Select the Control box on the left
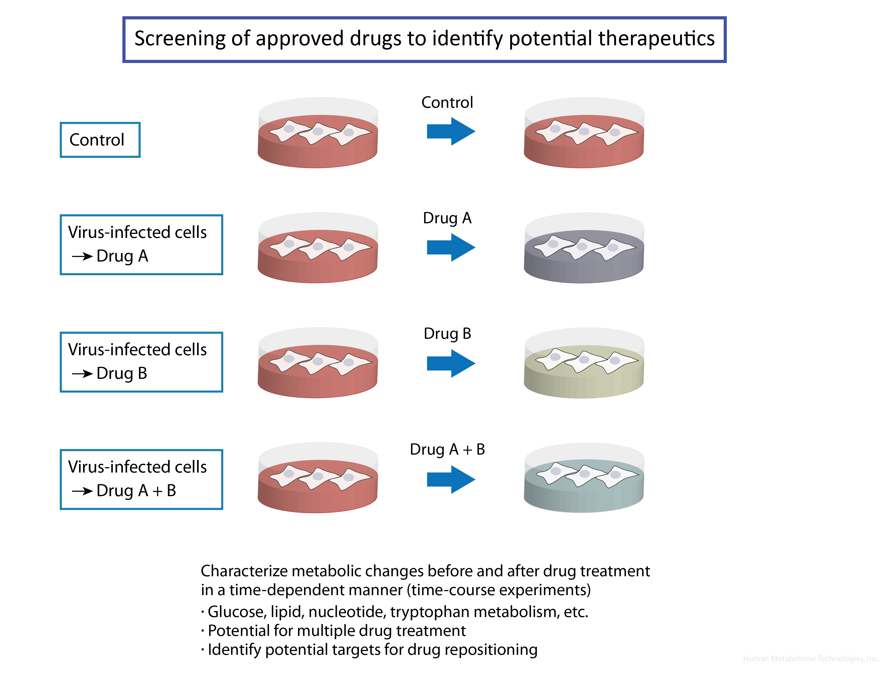(x=100, y=140)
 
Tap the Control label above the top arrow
(x=447, y=103)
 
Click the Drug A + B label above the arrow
(x=447, y=449)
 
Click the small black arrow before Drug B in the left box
(x=82, y=373)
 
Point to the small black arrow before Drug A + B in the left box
(x=82, y=491)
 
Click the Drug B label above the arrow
(x=447, y=334)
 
